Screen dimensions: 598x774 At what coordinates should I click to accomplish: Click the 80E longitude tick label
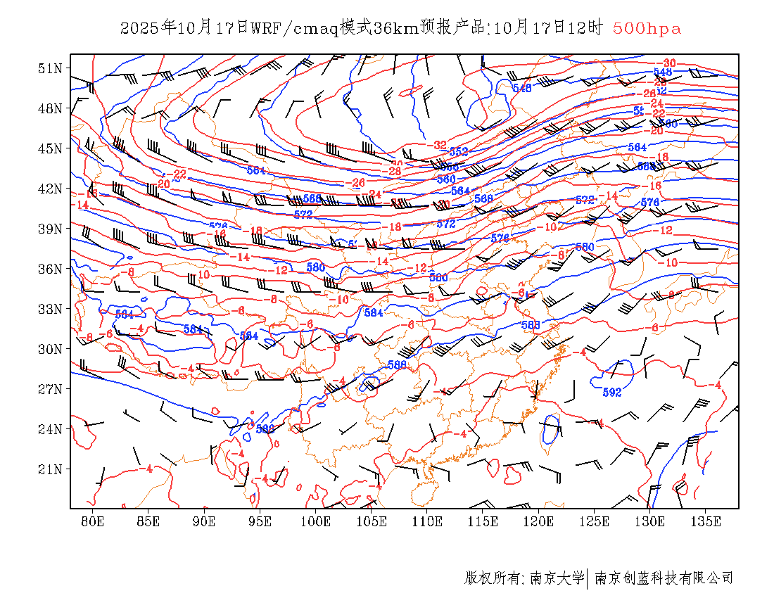click(92, 521)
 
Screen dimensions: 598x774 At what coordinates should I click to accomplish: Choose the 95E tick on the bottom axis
click(260, 521)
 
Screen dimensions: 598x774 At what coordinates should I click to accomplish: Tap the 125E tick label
click(594, 521)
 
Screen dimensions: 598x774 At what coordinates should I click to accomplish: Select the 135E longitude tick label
click(706, 521)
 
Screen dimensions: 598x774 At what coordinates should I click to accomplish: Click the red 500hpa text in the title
click(647, 28)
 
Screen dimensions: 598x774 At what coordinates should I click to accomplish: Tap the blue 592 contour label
click(611, 393)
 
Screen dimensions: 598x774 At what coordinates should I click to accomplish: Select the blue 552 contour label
click(459, 152)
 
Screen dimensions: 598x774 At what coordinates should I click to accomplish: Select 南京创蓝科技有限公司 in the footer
click(664, 578)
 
